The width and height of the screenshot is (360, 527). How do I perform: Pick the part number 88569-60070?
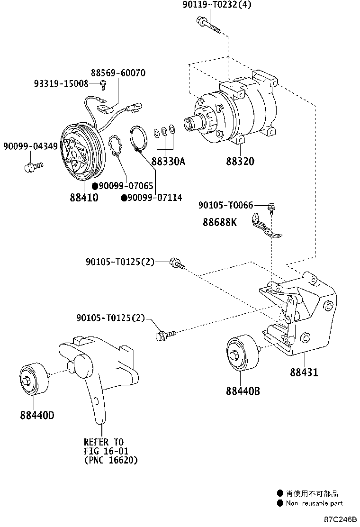[x=118, y=73]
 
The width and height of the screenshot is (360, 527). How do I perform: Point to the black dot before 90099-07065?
[x=95, y=186]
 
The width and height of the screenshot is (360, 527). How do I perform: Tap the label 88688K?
[x=219, y=221]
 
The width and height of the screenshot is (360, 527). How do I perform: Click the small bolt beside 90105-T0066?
[x=271, y=206]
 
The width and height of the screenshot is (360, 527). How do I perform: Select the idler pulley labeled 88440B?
[x=243, y=354]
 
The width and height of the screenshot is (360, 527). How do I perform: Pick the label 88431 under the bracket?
[x=304, y=373]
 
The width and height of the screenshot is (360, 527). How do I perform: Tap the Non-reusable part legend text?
[x=314, y=503]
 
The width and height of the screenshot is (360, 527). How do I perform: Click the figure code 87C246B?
[x=340, y=519]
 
